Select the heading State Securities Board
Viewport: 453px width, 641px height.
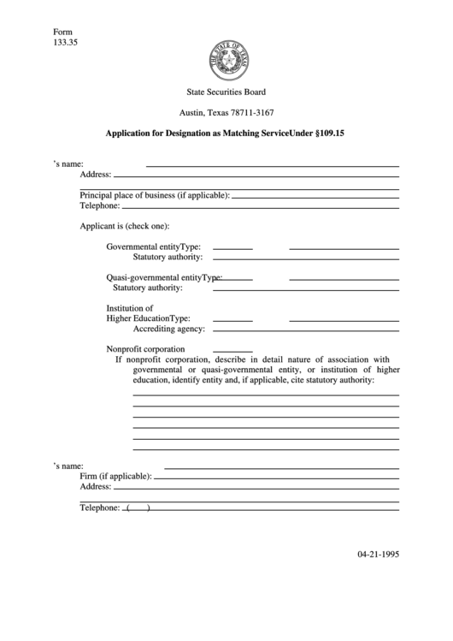point(226,92)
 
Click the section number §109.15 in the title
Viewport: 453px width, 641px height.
point(337,134)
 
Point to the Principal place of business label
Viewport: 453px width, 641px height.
point(154,195)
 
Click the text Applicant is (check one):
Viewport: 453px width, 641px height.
point(125,226)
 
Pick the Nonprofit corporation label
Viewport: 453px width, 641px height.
point(145,349)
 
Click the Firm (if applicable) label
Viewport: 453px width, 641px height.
point(115,476)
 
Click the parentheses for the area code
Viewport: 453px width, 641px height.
point(138,507)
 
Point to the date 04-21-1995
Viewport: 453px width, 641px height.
point(378,554)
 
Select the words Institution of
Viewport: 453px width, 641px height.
point(129,308)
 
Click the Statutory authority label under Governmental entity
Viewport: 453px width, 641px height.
point(168,257)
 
